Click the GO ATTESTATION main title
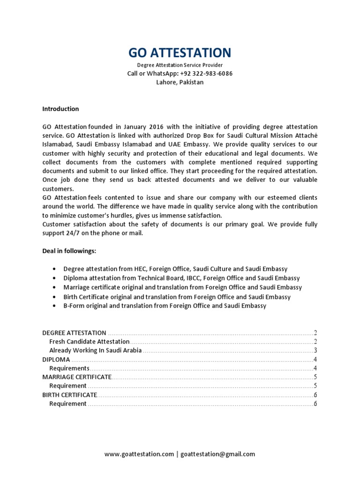click(x=180, y=52)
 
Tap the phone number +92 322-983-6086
click(x=206, y=74)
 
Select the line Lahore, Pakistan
click(x=180, y=82)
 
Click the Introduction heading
click(x=60, y=109)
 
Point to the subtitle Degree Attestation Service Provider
click(x=180, y=65)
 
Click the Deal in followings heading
click(x=69, y=251)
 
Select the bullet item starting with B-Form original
click(x=165, y=306)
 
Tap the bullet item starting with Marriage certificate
click(x=182, y=287)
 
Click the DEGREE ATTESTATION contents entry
click(x=74, y=332)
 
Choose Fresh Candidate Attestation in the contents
click(x=89, y=341)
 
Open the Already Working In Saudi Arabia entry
click(x=95, y=350)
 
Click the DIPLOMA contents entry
click(x=56, y=360)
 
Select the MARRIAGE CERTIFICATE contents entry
click(x=77, y=377)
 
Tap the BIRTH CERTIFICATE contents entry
click(x=69, y=395)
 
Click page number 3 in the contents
click(x=316, y=350)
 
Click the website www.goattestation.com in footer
click(x=139, y=454)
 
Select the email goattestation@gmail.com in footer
click(x=217, y=454)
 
